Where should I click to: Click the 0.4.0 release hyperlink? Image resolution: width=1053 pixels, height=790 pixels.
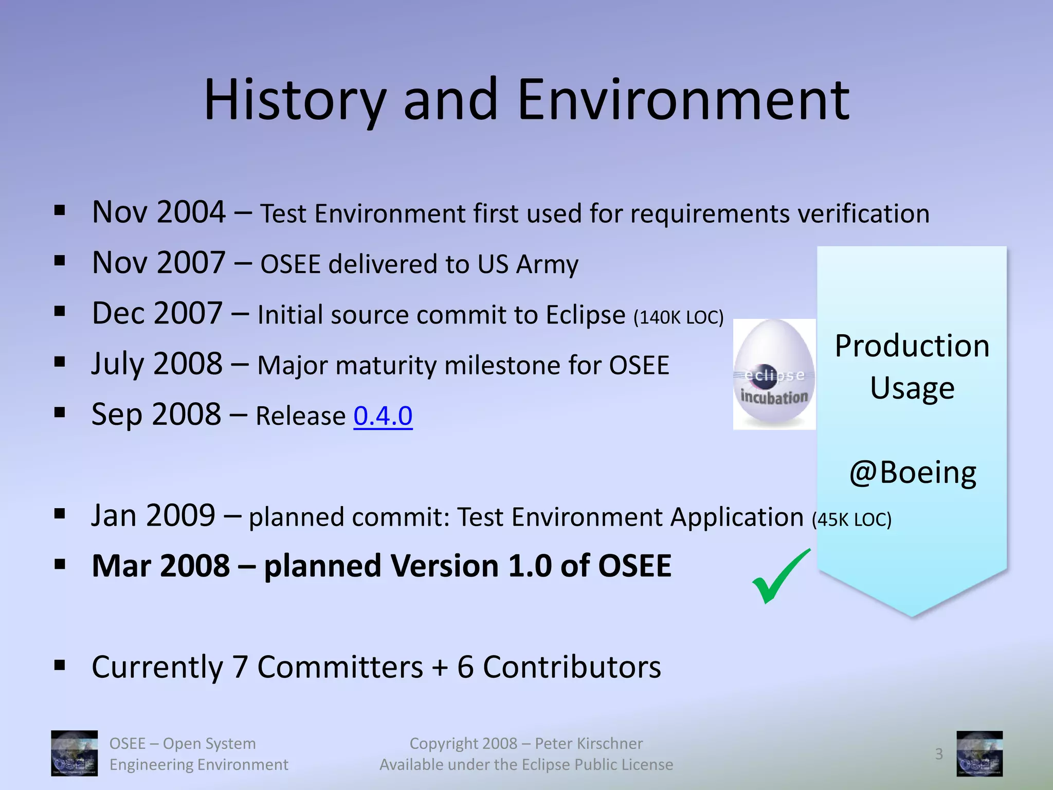tap(383, 416)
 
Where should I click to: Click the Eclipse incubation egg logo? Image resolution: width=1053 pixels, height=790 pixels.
tap(774, 374)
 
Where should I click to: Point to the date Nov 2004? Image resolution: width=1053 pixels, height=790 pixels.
tap(158, 212)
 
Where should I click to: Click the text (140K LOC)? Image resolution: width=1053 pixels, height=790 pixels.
tap(678, 317)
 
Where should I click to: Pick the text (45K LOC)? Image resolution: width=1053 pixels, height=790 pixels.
tap(851, 519)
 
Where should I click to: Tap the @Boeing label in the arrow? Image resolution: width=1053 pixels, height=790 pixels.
tap(912, 472)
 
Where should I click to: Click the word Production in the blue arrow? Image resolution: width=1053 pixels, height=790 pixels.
tap(912, 346)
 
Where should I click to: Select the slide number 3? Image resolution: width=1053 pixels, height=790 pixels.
tap(939, 754)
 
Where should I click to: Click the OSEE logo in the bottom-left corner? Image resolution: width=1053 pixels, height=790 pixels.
tap(74, 753)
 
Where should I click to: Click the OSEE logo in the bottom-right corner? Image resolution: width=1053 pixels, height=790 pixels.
tap(979, 753)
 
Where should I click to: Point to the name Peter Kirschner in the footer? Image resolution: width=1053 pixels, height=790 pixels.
tap(588, 743)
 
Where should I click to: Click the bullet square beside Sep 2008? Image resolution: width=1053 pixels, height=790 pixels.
tap(60, 412)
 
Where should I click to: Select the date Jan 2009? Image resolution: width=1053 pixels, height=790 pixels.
tap(153, 515)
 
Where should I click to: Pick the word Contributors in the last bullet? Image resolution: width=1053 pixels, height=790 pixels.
tap(572, 667)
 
